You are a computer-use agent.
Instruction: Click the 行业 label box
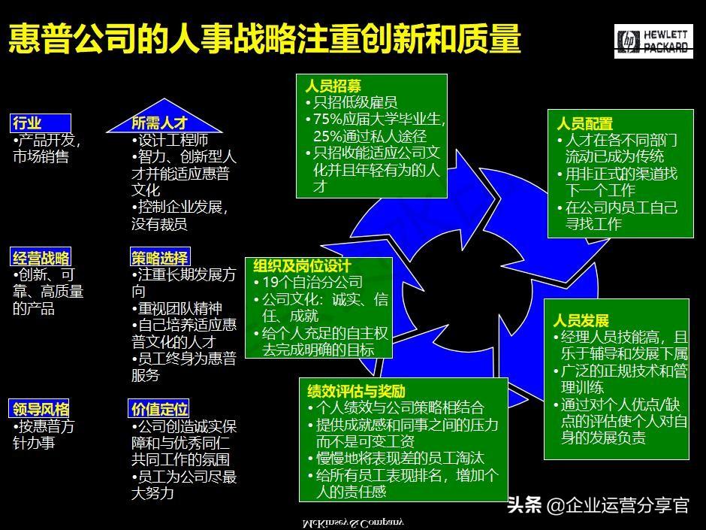point(41,123)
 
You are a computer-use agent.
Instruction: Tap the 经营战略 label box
point(41,258)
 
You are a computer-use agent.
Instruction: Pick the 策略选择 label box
point(159,258)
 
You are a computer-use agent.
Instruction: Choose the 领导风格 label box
point(41,409)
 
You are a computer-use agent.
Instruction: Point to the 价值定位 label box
point(159,409)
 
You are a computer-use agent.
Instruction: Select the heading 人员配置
point(584,123)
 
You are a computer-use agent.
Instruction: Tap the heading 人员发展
point(581,321)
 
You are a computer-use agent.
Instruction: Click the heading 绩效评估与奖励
point(356,391)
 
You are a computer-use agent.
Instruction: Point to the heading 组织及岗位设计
point(302,266)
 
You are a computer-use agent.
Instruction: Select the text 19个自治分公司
point(312,283)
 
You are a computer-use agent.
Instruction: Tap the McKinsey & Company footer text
point(352,522)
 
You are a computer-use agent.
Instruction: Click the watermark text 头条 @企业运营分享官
point(598,504)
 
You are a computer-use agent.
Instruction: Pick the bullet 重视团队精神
point(181,308)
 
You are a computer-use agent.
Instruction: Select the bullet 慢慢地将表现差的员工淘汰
point(400,459)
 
